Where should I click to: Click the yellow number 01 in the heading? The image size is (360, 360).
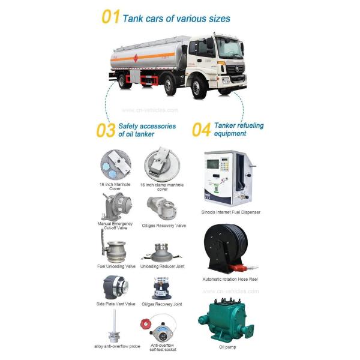[x=110, y=17]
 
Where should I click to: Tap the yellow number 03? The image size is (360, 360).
[x=106, y=130]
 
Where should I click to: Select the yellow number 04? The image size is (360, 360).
[x=200, y=130]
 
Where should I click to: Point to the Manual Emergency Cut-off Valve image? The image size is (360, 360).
[x=114, y=206]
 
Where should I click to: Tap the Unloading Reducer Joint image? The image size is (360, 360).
[x=160, y=248]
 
